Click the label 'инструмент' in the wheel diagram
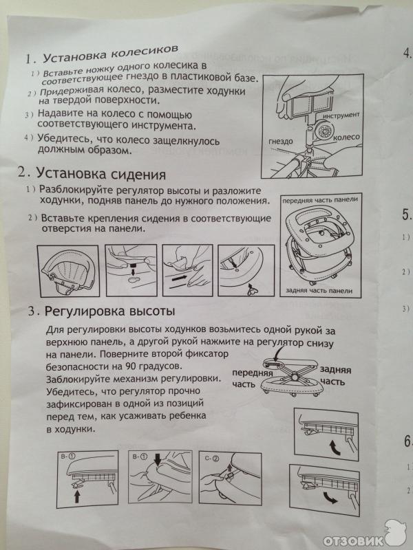tap(341, 115)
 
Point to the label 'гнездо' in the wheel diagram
tap(281, 142)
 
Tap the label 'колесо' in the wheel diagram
tap(347, 137)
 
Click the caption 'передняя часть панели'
tap(320, 199)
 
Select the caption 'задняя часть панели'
tap(319, 291)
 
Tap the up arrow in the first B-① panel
tap(78, 496)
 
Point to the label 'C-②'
tap(211, 458)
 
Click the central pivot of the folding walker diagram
tap(294, 377)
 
